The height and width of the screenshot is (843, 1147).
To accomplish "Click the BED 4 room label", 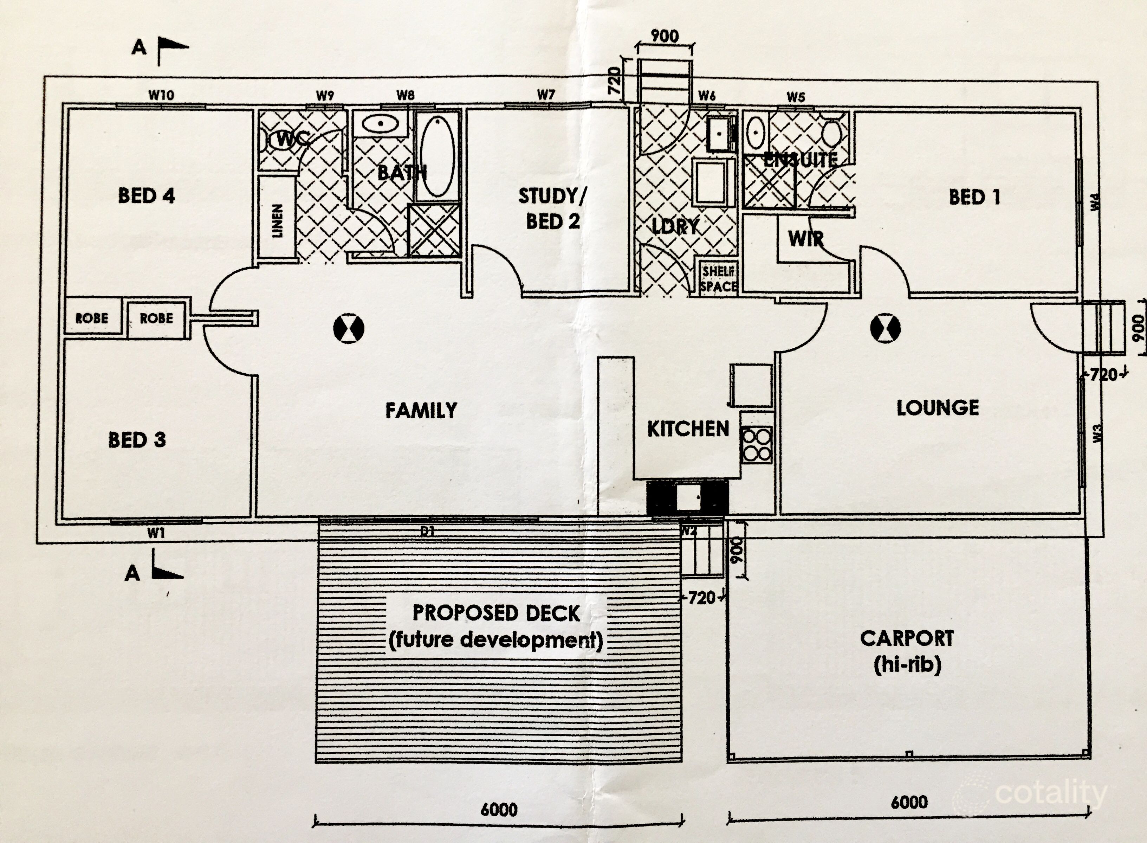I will [147, 195].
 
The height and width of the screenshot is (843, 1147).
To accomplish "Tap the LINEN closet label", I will [277, 220].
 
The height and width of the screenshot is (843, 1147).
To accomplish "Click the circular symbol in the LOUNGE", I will [885, 328].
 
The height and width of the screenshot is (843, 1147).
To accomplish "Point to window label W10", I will [161, 95].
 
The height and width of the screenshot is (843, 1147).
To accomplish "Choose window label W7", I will [546, 95].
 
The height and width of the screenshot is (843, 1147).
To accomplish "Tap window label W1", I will [156, 534].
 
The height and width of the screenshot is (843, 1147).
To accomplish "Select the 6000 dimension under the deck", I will [499, 809].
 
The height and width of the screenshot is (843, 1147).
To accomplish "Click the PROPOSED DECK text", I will [496, 613].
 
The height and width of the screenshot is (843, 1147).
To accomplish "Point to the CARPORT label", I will [907, 638].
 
